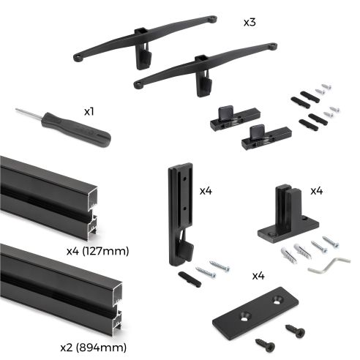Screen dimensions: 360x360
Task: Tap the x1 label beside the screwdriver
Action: point(89,111)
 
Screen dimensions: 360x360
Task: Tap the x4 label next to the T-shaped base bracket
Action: point(316,191)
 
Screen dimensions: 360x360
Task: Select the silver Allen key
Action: point(323,265)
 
